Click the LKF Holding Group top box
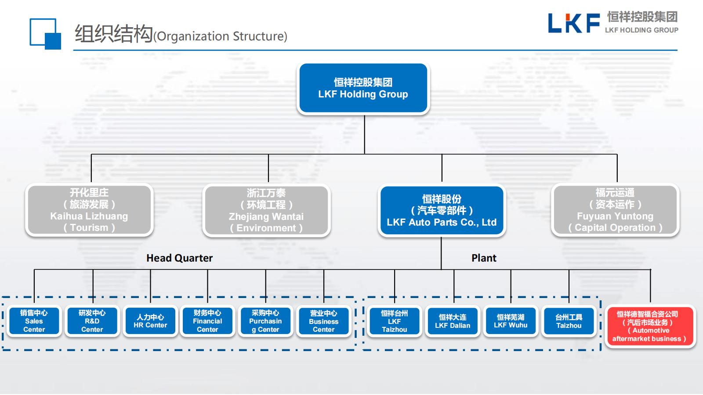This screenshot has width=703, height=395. tap(363, 88)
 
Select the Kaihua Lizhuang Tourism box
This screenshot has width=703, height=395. tap(89, 210)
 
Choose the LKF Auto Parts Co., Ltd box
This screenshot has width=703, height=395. tap(442, 211)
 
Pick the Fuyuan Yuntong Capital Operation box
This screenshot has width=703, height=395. tap(615, 210)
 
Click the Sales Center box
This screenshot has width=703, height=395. tap(34, 321)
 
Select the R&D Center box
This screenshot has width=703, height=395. tap(92, 321)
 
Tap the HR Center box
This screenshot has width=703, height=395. tap(150, 321)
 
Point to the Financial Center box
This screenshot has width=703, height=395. tap(207, 321)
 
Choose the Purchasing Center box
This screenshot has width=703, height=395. tap(265, 321)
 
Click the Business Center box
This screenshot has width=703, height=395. tap(324, 321)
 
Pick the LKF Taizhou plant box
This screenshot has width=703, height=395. tap(395, 321)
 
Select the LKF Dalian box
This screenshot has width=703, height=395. tap(453, 321)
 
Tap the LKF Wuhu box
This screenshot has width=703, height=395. tap(511, 321)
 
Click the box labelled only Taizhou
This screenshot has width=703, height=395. tap(569, 321)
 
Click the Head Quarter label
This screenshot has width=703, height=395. tap(179, 258)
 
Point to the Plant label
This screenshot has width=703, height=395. tap(484, 258)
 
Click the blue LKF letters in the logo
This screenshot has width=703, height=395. tap(573, 23)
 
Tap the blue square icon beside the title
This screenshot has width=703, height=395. tap(45, 34)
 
